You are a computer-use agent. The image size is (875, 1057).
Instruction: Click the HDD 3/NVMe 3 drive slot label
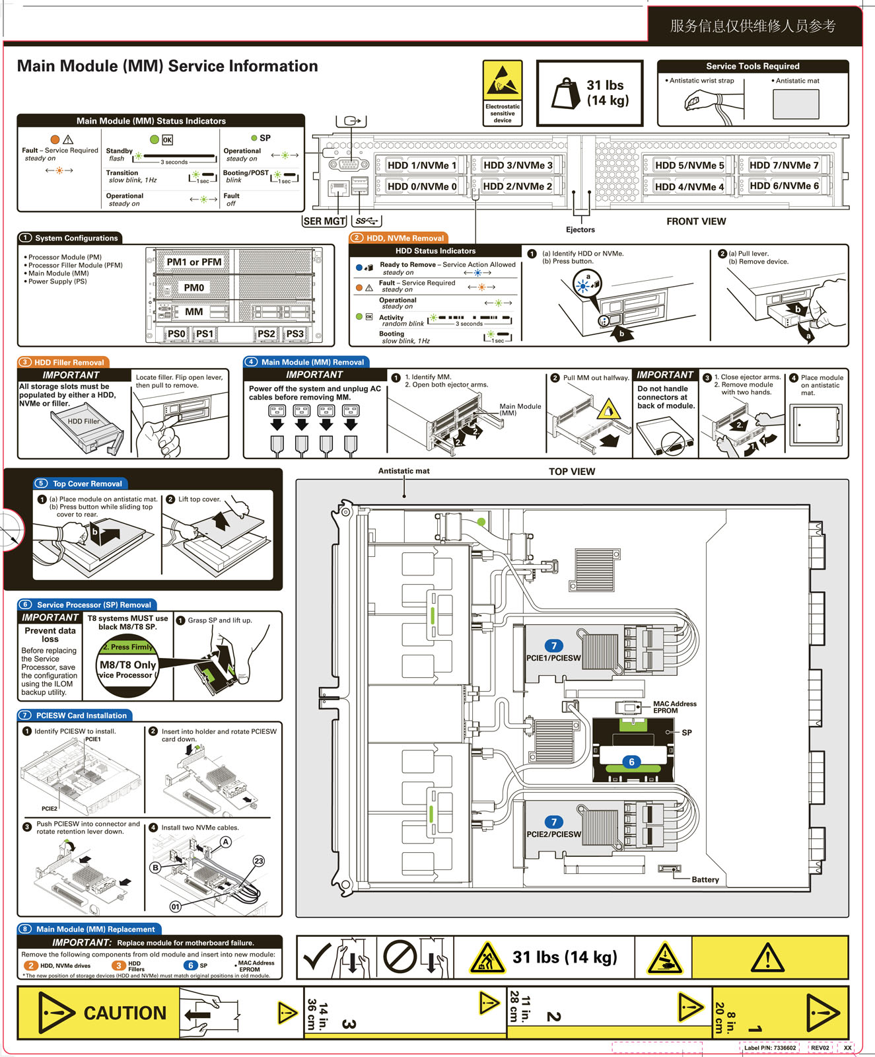pyautogui.click(x=518, y=165)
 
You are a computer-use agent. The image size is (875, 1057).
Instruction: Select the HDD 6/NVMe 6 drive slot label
pyautogui.click(x=784, y=186)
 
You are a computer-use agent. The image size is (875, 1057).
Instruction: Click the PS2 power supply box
pyautogui.click(x=266, y=334)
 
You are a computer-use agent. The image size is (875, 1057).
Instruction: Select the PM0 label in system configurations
pyautogui.click(x=194, y=287)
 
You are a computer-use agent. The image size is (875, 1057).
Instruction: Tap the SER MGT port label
pyautogui.click(x=324, y=221)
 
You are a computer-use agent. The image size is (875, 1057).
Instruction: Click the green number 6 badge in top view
pyautogui.click(x=631, y=762)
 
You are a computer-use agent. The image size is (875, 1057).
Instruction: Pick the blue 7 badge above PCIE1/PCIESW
pyautogui.click(x=553, y=645)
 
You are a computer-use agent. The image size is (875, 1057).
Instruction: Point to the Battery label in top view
pyautogui.click(x=705, y=879)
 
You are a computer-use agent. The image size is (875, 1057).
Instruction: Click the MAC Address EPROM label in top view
pyautogui.click(x=674, y=707)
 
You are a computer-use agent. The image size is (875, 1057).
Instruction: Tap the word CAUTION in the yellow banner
pyautogui.click(x=125, y=1013)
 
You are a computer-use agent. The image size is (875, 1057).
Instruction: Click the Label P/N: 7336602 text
pyautogui.click(x=769, y=1048)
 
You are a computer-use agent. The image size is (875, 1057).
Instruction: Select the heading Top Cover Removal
pyautogui.click(x=87, y=484)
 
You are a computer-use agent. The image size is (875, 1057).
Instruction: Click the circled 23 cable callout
pyautogui.click(x=259, y=861)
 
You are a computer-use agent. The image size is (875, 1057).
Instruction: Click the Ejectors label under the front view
pyautogui.click(x=580, y=230)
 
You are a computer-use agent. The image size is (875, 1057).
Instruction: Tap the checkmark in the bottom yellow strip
pyautogui.click(x=316, y=956)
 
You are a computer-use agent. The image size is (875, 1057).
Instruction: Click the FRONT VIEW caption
pyautogui.click(x=696, y=221)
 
